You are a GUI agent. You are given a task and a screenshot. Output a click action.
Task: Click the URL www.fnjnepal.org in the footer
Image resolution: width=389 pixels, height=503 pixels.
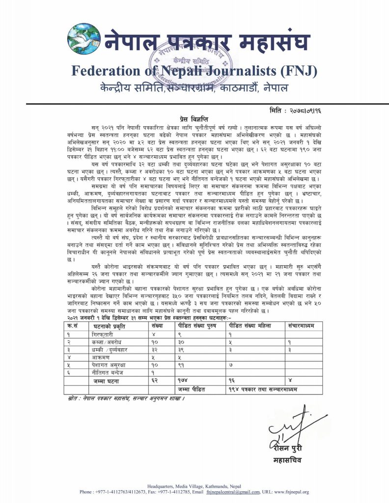click(x=292, y=492)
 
